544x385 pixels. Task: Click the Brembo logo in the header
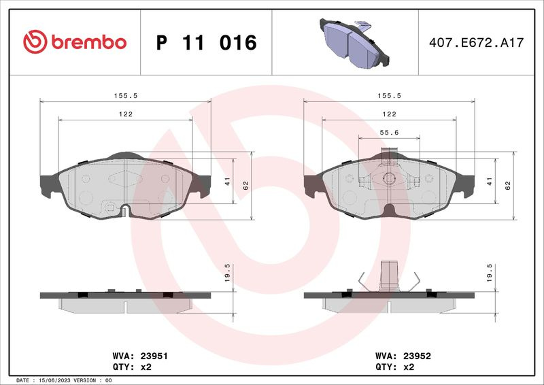pos(75,42)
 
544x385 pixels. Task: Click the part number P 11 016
pos(207,43)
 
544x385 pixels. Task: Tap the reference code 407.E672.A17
pos(477,43)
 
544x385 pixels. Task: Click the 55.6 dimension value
pos(389,132)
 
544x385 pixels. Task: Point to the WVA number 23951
pos(154,356)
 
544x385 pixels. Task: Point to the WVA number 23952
pos(417,356)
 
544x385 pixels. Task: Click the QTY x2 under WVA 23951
pos(132,367)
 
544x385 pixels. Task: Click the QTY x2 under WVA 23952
pos(395,367)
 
